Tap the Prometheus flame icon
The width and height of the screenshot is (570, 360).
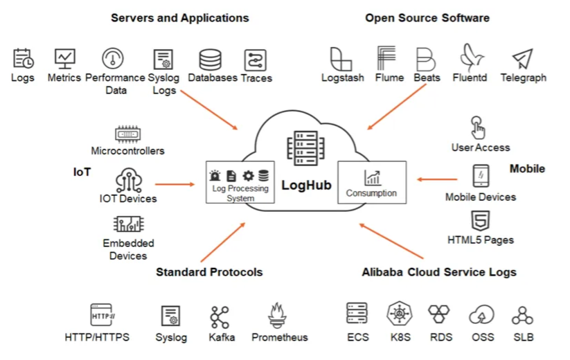coord(278,316)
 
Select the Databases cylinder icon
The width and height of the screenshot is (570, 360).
coord(210,60)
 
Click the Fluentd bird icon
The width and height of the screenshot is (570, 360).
coord(472,58)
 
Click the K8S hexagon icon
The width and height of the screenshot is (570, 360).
coord(400,315)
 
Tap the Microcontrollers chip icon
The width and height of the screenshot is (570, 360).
coord(128,134)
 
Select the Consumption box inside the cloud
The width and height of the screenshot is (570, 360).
coord(371,182)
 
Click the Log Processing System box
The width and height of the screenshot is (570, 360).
coord(240,182)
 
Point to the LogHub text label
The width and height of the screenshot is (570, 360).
coord(306,186)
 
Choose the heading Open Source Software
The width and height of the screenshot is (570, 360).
coord(427,17)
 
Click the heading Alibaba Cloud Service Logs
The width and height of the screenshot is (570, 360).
coord(439,272)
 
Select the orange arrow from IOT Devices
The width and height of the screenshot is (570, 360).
coord(175,184)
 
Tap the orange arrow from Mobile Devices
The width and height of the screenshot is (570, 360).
coord(437,180)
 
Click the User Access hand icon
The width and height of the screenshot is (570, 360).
coord(478,127)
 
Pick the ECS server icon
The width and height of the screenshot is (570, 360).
coord(357,314)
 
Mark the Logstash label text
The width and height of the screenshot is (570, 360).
coord(343,78)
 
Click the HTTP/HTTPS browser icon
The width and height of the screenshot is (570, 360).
coord(101,314)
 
